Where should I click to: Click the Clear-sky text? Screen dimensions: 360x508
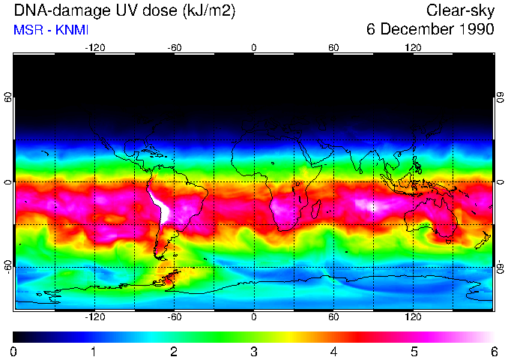[460, 10]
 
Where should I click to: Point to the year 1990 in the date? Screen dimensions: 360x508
[474, 30]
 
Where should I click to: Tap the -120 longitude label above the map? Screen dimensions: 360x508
[94, 48]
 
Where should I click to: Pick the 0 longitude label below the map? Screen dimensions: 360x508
[254, 317]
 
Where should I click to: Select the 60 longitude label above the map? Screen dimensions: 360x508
[333, 48]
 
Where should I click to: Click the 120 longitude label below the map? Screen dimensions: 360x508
[414, 317]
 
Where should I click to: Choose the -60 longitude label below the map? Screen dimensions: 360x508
[174, 317]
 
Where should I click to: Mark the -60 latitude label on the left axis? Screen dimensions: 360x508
[8, 267]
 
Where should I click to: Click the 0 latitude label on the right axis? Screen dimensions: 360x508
[500, 182]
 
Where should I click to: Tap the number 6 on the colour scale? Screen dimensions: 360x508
[494, 351]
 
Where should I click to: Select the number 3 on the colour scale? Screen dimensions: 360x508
[254, 351]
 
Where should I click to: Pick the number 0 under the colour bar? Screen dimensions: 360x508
[14, 351]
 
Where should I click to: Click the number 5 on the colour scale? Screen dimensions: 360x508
[414, 351]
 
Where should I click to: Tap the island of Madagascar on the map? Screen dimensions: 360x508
[316, 208]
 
